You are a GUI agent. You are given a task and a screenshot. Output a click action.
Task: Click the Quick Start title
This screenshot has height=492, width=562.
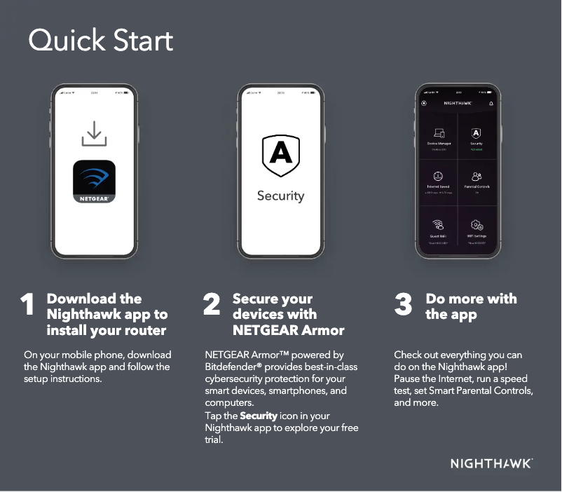tap(100, 41)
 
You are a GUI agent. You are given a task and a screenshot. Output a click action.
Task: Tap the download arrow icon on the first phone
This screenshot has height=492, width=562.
tap(94, 133)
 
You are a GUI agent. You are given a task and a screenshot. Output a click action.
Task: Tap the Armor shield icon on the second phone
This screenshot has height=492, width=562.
tap(280, 156)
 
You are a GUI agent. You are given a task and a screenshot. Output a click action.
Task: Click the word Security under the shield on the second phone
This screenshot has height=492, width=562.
tap(280, 196)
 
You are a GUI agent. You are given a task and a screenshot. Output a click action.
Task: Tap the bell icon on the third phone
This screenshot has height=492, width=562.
tap(491, 103)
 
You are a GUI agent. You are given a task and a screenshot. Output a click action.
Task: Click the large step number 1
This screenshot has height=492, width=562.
tap(27, 306)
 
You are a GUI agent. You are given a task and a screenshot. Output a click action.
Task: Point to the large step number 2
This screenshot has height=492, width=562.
tap(212, 306)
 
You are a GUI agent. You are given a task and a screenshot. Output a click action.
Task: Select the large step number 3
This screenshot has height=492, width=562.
tap(403, 306)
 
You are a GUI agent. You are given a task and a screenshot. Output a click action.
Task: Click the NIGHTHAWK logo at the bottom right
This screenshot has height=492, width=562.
tap(491, 463)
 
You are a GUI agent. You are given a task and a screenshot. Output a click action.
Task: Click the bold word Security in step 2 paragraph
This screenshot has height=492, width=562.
tap(259, 416)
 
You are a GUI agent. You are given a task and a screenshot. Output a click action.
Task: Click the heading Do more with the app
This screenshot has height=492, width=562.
tap(471, 306)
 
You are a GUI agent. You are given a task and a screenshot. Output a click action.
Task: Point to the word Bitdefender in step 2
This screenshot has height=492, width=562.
tap(230, 367)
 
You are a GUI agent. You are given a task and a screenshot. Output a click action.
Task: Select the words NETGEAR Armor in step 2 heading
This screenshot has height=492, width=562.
tap(288, 329)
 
